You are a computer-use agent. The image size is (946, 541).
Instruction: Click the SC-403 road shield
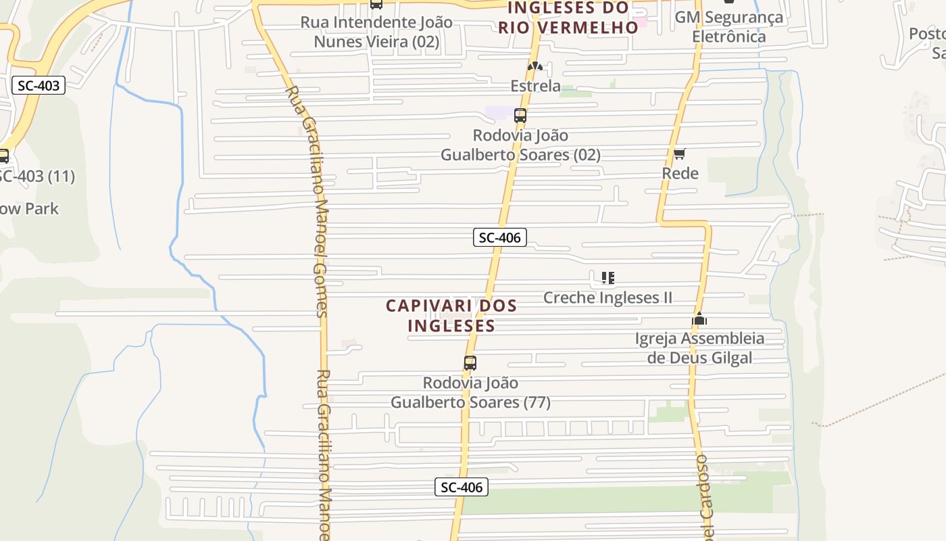(39, 86)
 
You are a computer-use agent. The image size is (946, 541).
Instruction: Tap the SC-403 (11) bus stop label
(36, 177)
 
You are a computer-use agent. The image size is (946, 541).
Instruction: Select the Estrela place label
(535, 86)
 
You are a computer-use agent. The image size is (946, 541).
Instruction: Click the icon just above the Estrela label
(535, 67)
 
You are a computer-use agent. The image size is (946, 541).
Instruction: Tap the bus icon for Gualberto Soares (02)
(520, 116)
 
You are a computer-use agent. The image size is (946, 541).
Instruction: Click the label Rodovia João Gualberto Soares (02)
(520, 145)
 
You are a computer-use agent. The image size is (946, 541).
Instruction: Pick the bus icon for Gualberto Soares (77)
(470, 363)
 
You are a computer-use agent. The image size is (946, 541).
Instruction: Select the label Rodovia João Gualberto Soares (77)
(470, 393)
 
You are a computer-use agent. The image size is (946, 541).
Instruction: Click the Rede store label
(680, 173)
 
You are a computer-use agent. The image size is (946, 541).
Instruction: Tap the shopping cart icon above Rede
(680, 154)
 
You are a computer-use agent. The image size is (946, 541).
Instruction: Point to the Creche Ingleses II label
(607, 298)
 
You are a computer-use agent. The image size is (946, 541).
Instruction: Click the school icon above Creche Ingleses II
(607, 278)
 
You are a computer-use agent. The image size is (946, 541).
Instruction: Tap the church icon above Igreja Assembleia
(699, 319)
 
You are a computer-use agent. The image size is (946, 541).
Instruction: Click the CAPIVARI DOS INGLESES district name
(451, 316)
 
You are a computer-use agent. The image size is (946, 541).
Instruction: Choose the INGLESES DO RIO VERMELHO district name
(568, 18)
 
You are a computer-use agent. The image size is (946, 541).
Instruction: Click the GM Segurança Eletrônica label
(729, 27)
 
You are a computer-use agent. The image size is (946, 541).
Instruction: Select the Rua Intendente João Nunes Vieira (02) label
(376, 32)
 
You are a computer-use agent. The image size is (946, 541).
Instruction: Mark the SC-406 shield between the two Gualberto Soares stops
(499, 237)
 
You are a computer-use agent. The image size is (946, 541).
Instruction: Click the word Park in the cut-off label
(43, 209)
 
